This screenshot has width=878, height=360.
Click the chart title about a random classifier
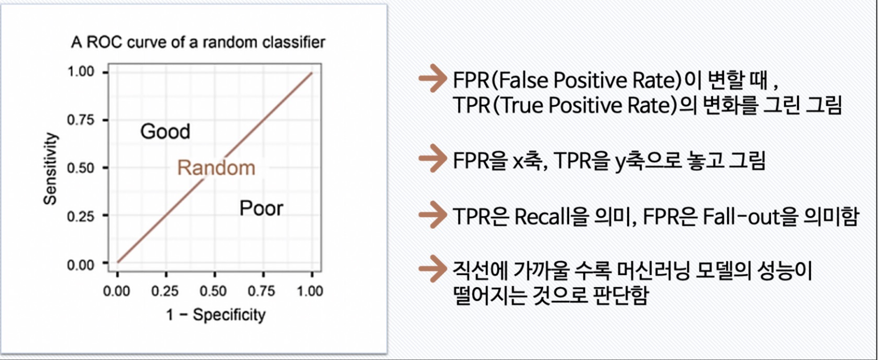(x=198, y=42)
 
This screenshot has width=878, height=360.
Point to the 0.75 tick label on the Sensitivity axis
(x=80, y=120)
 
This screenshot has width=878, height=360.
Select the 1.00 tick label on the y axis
(x=80, y=71)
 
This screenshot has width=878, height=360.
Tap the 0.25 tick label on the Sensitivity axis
(x=80, y=216)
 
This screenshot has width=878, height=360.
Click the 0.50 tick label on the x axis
(x=213, y=291)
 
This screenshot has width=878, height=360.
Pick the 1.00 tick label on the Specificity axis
(x=310, y=291)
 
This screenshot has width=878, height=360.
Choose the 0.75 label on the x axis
(x=261, y=291)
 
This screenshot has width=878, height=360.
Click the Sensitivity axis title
(x=50, y=168)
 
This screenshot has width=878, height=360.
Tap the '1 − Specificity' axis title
(x=216, y=315)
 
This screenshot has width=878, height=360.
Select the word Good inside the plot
(x=165, y=132)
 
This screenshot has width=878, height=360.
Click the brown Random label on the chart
(x=216, y=168)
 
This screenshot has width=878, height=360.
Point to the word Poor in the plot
(x=261, y=208)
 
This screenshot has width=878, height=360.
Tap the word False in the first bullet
(x=523, y=80)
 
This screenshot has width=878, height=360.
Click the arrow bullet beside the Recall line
(x=432, y=215)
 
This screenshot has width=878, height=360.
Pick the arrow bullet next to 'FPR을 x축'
(x=432, y=158)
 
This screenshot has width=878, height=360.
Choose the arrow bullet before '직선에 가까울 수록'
(x=432, y=268)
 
